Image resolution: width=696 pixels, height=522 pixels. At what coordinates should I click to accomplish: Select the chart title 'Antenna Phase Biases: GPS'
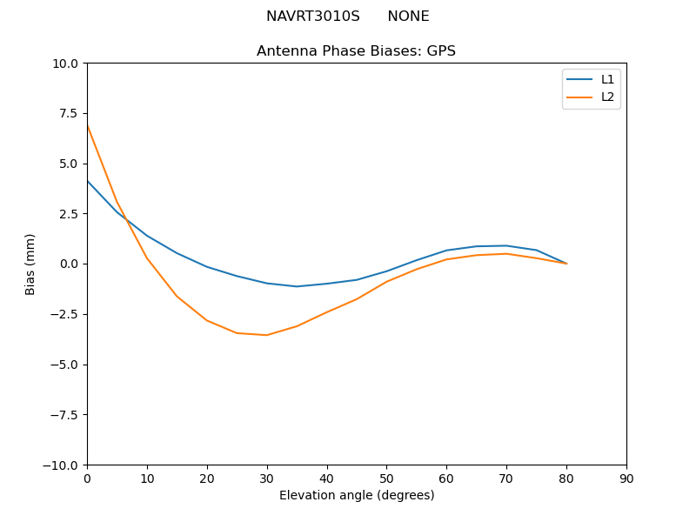[356, 51]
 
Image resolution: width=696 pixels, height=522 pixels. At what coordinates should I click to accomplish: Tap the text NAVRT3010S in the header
[312, 17]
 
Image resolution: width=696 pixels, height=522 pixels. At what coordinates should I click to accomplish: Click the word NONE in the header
[408, 17]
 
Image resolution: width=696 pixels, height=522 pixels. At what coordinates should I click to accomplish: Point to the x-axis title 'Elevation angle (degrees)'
[357, 495]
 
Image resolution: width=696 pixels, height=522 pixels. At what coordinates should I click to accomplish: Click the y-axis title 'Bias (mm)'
[30, 264]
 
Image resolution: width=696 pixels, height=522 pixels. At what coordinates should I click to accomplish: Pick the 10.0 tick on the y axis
[67, 63]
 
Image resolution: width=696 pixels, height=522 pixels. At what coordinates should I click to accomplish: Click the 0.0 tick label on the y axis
[70, 264]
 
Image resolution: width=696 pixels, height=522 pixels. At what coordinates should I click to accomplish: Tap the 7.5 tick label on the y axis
[70, 113]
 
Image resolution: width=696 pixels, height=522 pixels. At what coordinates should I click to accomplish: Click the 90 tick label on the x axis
[626, 478]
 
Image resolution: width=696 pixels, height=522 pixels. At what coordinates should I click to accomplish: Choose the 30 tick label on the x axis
[267, 478]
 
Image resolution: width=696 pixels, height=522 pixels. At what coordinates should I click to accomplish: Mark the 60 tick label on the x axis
[446, 478]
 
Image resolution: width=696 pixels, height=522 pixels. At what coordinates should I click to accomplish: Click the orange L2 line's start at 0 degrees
[87, 125]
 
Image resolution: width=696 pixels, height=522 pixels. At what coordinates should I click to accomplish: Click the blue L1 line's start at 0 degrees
[87, 181]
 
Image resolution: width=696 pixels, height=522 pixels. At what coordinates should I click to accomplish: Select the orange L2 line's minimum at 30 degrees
[267, 335]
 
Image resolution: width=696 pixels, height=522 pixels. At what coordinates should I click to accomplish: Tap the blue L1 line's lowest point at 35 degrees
[297, 286]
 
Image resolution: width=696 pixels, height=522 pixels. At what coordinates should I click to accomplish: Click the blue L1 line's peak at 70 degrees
[506, 245]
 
